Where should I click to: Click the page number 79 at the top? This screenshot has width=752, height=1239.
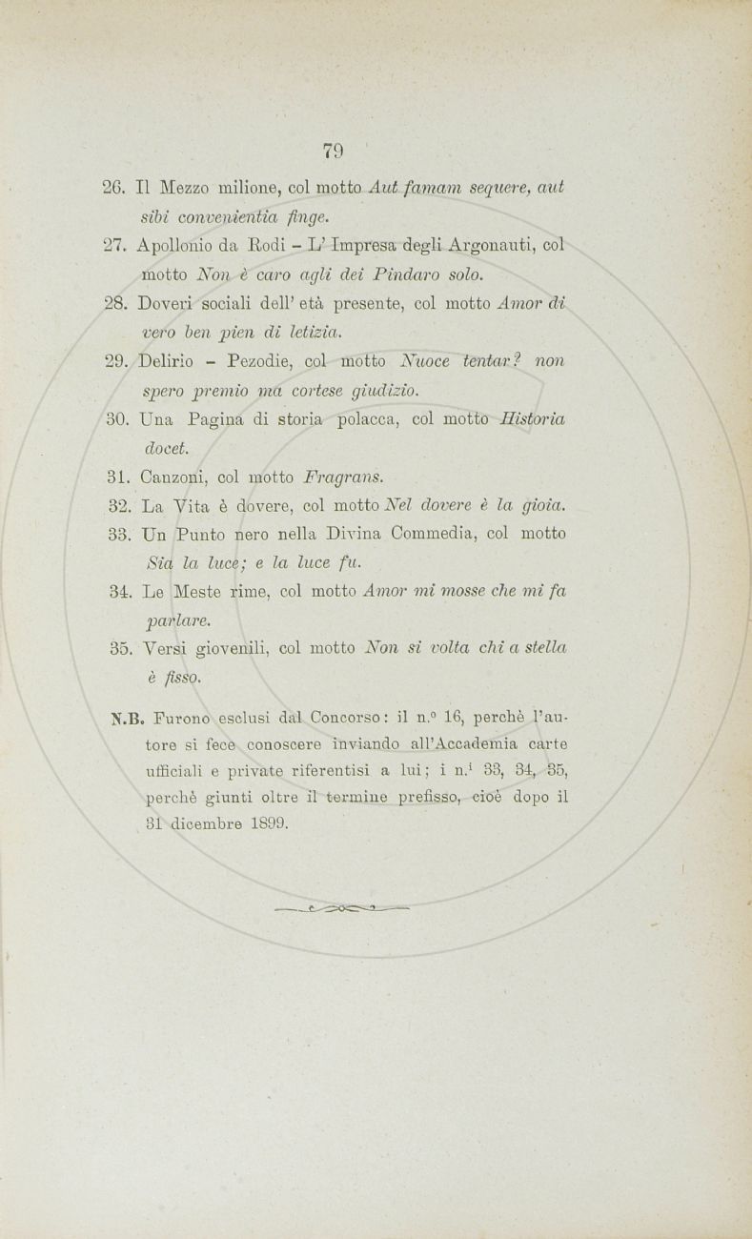tap(334, 151)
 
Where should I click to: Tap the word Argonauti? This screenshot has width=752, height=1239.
tap(495, 245)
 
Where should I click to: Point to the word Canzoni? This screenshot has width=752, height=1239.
tap(176, 477)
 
